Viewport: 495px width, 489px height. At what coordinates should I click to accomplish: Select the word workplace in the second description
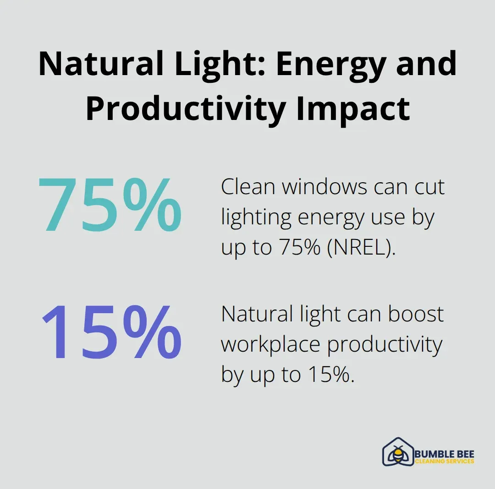270,345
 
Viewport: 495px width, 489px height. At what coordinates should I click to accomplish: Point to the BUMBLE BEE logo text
445,454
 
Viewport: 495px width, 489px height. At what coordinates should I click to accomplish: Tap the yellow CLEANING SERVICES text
445,462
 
